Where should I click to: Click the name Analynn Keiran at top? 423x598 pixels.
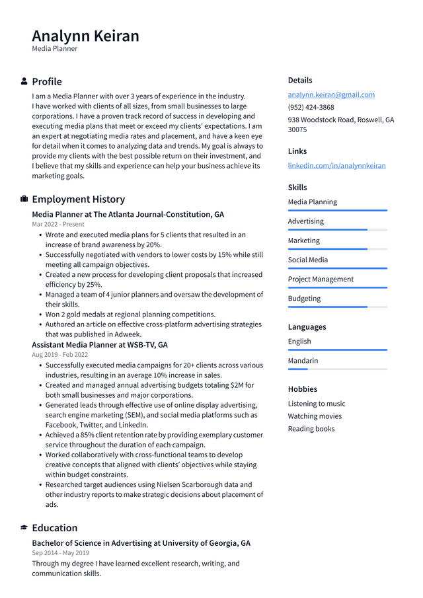pos(85,36)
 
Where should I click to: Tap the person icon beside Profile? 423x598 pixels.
pos(24,81)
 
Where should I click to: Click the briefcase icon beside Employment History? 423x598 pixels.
pos(24,199)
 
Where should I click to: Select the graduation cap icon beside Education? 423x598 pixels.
pos(24,528)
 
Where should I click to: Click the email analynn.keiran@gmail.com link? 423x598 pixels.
pos(331,94)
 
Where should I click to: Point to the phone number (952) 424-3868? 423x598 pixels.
pos(311,107)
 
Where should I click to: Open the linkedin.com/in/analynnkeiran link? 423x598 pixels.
pos(336,165)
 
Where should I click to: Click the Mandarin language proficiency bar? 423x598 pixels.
pos(337,369)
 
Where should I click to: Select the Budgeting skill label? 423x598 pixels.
pos(304,298)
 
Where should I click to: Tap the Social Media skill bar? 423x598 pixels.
pos(337,268)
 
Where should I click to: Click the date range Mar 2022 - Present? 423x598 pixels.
pos(58,224)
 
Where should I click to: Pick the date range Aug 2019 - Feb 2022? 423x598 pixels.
pos(59,354)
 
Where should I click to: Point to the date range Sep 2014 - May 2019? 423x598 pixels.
pos(60,552)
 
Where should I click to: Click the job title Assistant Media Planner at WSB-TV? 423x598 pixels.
pos(99,345)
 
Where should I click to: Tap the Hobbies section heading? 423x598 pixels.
pos(302,389)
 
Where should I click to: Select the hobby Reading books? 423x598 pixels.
pos(311,429)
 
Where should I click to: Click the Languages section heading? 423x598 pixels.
pos(307,327)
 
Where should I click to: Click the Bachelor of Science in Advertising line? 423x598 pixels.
pos(141,543)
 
